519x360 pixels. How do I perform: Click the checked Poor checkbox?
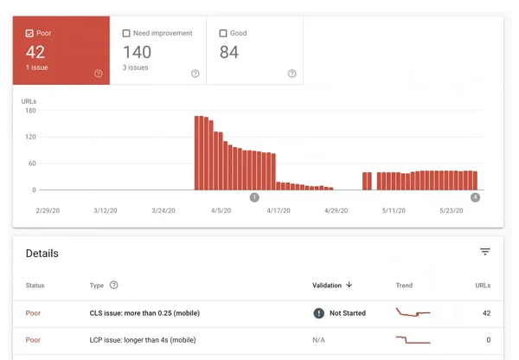pyautogui.click(x=29, y=33)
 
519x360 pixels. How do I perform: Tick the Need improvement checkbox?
pyautogui.click(x=126, y=33)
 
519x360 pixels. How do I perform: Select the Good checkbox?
pyautogui.click(x=223, y=33)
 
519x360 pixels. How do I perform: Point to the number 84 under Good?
pyautogui.click(x=229, y=53)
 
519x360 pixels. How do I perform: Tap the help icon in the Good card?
pyautogui.click(x=292, y=74)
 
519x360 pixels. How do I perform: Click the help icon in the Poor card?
pyautogui.click(x=98, y=74)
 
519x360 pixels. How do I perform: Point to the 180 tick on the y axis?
pyautogui.click(x=30, y=110)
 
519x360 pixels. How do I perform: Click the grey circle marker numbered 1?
pyautogui.click(x=254, y=197)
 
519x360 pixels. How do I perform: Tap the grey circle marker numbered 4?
pyautogui.click(x=475, y=197)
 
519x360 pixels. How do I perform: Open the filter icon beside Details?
pyautogui.click(x=485, y=252)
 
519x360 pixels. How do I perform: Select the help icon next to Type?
pyautogui.click(x=114, y=285)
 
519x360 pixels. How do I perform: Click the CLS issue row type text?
pyautogui.click(x=146, y=312)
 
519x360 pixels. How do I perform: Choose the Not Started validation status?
pyautogui.click(x=347, y=312)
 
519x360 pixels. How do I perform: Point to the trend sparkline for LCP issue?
pyautogui.click(x=413, y=340)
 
